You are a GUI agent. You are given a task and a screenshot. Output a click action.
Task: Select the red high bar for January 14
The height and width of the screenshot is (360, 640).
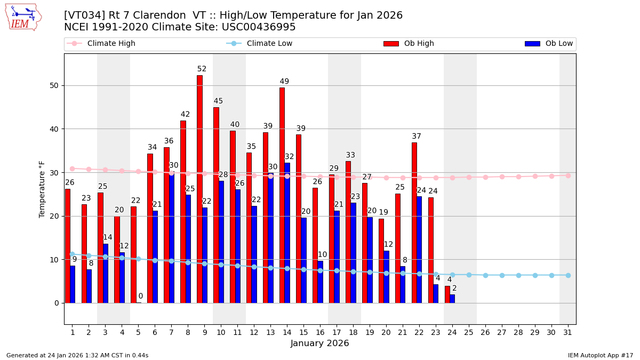(x=282, y=195)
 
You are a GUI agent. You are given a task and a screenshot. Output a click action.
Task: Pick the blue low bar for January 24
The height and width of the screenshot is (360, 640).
(x=452, y=299)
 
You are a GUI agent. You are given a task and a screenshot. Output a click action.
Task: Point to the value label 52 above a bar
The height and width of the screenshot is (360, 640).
(x=202, y=69)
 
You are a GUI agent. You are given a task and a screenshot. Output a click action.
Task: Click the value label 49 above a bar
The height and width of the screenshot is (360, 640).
(x=284, y=82)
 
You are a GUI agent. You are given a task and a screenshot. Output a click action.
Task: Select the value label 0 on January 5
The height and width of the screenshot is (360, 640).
(x=141, y=296)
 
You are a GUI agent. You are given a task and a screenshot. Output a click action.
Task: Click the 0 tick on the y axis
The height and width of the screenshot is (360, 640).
(x=56, y=303)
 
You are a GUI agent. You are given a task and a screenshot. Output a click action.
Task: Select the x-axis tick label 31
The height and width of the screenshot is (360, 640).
(x=568, y=332)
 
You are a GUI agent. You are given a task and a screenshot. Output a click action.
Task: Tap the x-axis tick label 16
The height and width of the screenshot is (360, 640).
(x=320, y=332)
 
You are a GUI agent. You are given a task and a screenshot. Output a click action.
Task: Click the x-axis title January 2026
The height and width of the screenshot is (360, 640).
(x=320, y=343)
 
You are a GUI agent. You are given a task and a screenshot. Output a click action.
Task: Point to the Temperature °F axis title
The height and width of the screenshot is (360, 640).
(x=43, y=189)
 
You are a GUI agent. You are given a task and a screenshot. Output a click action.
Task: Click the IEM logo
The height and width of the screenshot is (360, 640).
(x=23, y=17)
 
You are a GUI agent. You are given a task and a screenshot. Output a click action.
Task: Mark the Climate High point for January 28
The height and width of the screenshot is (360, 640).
(x=518, y=177)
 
